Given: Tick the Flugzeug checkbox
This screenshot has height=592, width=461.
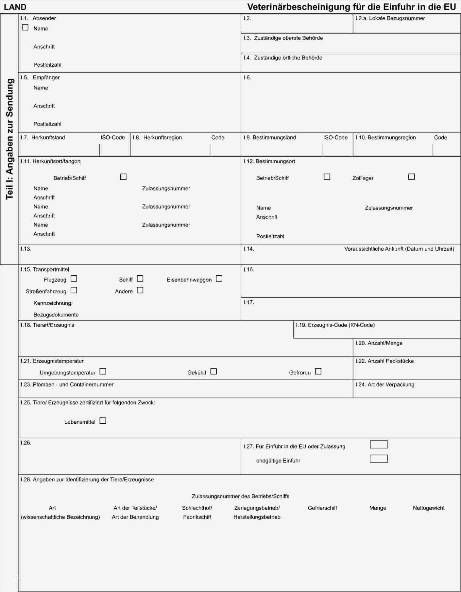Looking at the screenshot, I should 74,279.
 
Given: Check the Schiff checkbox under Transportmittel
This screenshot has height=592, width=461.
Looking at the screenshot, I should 140,279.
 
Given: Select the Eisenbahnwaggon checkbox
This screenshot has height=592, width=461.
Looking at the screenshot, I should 219,279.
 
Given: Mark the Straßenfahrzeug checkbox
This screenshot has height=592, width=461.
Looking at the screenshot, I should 74,290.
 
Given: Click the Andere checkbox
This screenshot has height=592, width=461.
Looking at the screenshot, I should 140,290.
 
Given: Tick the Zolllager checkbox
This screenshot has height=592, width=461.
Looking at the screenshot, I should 411,177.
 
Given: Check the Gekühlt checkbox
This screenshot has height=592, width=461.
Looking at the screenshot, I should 213,371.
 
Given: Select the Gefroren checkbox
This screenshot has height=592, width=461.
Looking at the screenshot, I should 318,371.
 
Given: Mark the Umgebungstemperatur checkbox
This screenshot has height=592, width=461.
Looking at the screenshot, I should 103,371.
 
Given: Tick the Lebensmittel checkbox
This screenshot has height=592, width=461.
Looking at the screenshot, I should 103,421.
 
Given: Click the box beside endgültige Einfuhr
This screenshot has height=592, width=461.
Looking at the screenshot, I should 379,459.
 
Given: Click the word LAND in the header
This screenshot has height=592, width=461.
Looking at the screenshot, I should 15,7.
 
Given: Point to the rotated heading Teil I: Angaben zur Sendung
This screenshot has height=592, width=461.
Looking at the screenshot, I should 10,139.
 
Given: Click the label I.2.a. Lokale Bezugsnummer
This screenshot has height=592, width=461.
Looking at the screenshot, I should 390,18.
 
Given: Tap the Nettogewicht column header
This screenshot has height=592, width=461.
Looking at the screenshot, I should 428,508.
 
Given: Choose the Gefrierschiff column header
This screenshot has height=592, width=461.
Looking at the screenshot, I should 322,508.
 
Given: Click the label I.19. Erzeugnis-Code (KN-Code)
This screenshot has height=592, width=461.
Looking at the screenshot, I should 335,325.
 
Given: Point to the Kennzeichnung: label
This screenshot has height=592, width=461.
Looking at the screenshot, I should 53,303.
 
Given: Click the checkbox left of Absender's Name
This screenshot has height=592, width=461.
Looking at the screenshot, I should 25,27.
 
